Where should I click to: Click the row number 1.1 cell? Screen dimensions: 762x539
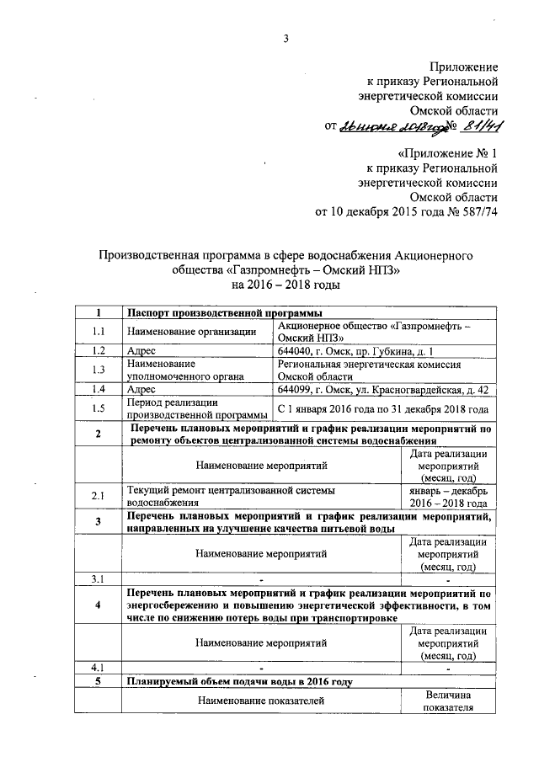99,332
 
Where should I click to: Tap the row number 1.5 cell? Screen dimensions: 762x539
99,408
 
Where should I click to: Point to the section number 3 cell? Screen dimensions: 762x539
99,521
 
